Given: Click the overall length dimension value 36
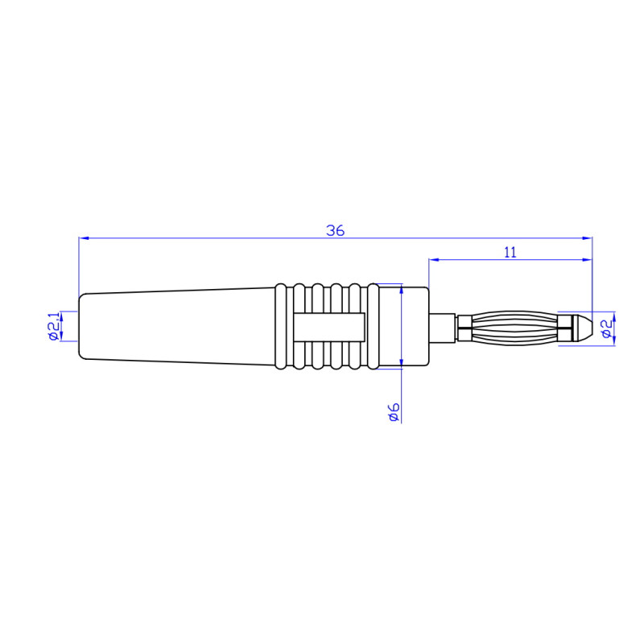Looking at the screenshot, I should (336, 230).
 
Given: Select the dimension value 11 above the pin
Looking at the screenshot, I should (510, 252).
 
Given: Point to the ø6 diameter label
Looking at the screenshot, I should (394, 412).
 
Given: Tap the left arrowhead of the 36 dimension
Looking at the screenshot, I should (83, 238).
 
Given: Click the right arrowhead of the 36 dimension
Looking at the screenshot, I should (588, 238).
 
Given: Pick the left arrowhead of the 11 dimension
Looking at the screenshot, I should (433, 260).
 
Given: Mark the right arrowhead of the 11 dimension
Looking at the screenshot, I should (588, 260).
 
